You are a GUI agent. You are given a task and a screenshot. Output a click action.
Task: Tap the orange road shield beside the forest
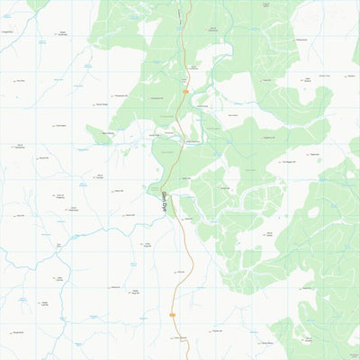click(x=184, y=91)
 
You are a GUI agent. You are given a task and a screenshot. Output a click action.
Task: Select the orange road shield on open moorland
click(x=171, y=314)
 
